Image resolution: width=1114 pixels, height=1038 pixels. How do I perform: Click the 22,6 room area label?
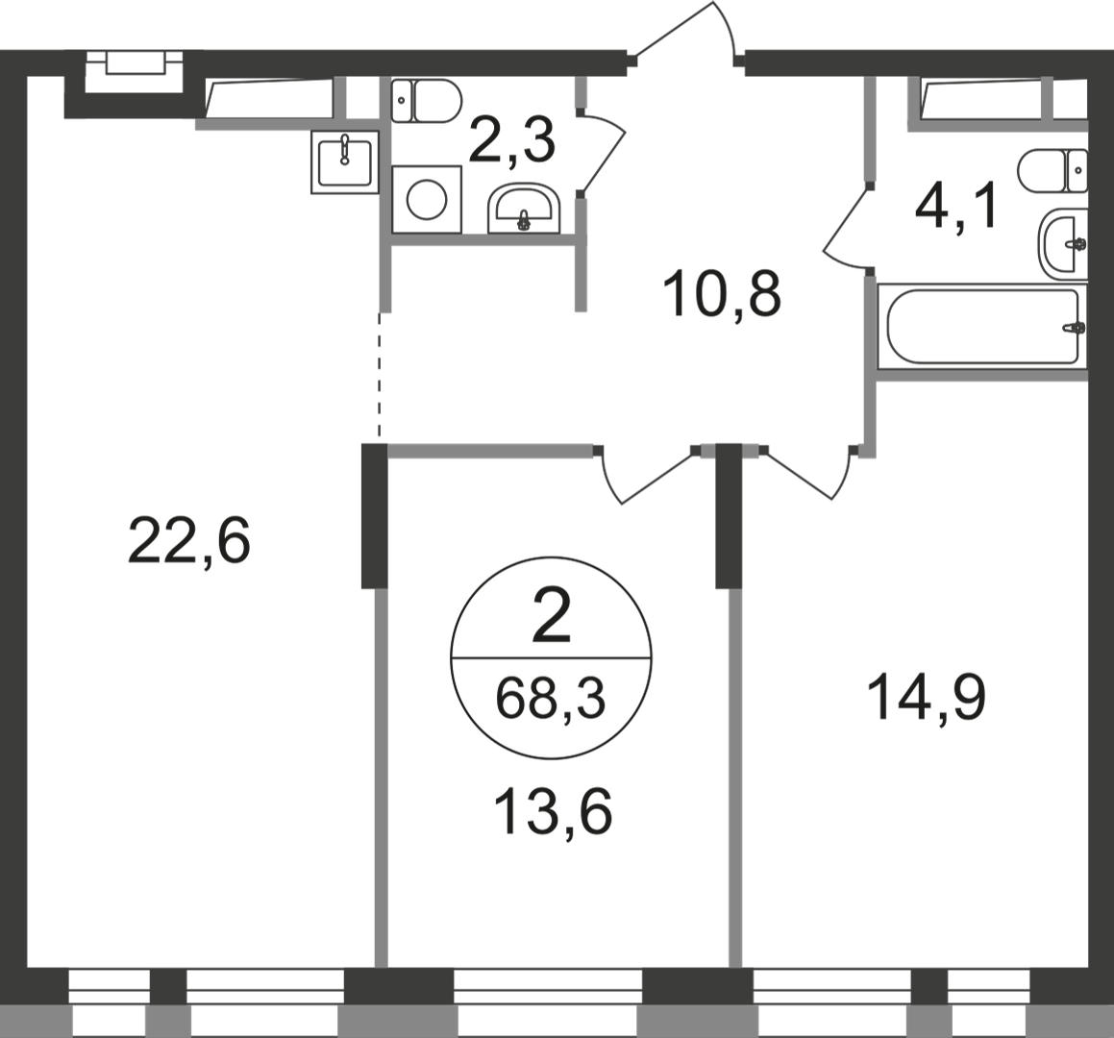[189, 541]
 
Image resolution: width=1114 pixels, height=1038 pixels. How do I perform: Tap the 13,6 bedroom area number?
[552, 813]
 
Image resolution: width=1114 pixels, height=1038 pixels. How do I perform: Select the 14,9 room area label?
[927, 699]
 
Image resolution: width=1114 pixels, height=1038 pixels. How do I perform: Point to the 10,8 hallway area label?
[722, 295]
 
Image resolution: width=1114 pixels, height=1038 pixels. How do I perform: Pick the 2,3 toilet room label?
[511, 141]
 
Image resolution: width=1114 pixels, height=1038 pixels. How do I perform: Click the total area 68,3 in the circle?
[551, 699]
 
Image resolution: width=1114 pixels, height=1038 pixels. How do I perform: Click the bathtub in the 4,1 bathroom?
[983, 326]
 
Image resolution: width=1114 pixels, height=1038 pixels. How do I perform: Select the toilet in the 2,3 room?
[427, 101]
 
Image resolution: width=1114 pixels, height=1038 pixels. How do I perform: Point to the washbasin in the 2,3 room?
[524, 209]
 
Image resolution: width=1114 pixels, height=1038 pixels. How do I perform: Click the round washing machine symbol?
[426, 199]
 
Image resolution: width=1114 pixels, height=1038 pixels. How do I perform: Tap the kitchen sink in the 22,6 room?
[344, 162]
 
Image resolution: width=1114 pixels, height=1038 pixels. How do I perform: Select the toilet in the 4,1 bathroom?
[1052, 170]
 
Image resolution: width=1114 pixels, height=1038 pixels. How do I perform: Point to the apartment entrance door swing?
[685, 34]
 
